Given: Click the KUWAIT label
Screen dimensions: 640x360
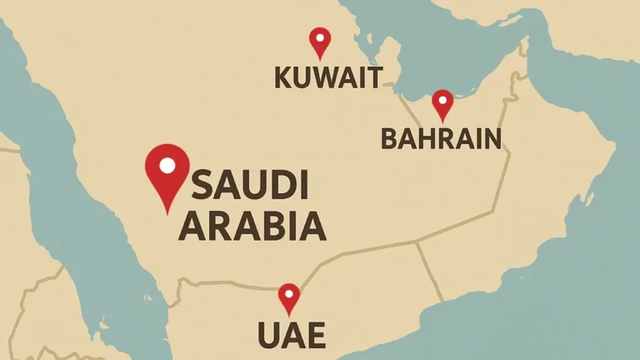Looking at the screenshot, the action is point(328,78).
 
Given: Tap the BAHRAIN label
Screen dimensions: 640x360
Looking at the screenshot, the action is point(441,138).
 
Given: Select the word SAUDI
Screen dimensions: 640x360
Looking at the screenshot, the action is point(250,185).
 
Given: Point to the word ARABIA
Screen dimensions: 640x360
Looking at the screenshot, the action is point(252,226).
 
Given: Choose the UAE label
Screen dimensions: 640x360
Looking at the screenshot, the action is point(291,337).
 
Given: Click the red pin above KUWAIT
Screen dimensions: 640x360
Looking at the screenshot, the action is point(320,42).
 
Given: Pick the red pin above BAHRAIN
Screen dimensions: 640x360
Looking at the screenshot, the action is point(442,104).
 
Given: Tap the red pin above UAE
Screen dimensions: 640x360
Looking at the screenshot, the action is point(288,297).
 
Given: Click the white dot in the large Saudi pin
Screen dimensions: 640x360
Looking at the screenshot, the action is point(167,165).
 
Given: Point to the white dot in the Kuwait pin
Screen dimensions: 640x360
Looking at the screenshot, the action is point(320,37).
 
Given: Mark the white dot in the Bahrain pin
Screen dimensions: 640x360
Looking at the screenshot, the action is point(442,100).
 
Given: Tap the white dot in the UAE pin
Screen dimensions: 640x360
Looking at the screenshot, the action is point(288,293).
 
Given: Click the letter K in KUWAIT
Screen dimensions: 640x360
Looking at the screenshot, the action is point(282,78).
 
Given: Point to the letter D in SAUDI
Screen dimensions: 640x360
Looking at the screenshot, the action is point(281,185).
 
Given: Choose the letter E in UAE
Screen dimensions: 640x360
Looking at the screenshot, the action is point(315,337).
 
